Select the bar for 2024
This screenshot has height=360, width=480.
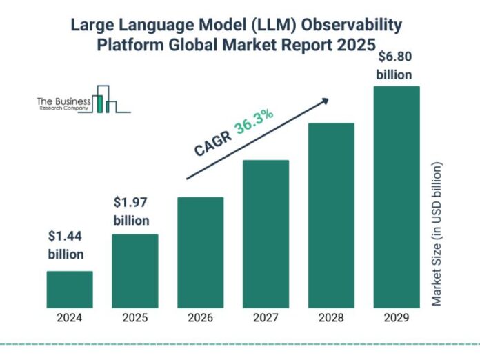coord(70,289)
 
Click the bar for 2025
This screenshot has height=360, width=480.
coord(135,270)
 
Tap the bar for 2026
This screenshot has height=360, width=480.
coord(201,252)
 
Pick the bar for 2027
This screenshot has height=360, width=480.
coord(266,233)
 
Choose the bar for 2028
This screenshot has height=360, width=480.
coord(331,214)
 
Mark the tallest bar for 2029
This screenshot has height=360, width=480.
coord(397,197)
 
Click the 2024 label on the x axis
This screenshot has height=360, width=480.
coord(70,318)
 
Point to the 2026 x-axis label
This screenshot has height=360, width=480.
coord(201,318)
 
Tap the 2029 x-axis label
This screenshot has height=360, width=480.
coord(397,318)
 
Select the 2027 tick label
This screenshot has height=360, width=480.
coord(266,318)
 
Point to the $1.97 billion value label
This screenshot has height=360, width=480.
coord(131,212)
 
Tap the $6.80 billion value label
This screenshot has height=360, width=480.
coord(394,66)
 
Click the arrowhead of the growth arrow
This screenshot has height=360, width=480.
coord(324,100)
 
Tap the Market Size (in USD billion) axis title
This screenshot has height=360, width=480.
coord(437,234)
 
